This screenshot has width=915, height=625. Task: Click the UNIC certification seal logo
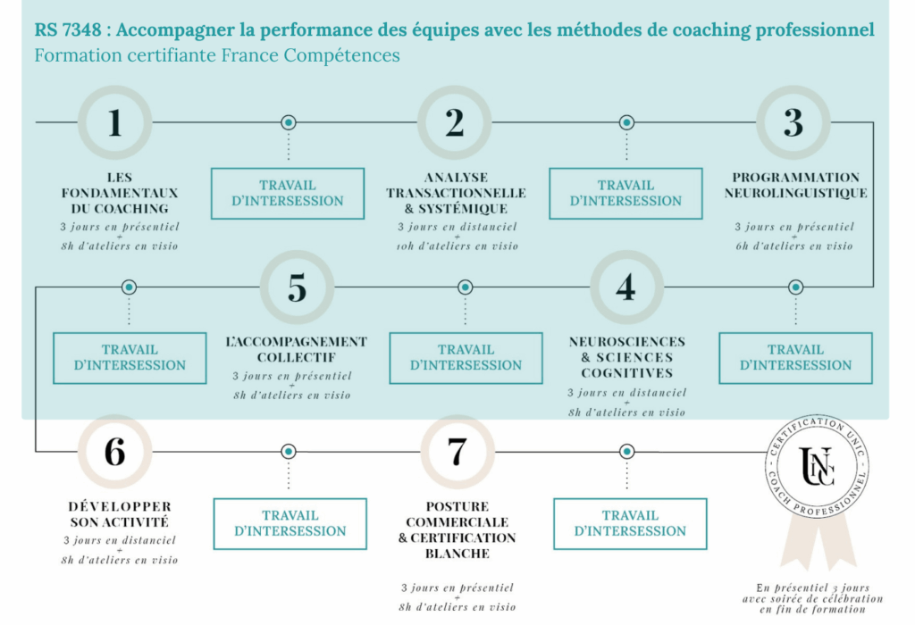tap(817, 466)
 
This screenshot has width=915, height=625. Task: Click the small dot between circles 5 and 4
tap(465, 287)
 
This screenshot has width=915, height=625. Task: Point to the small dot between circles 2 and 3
tap(626, 122)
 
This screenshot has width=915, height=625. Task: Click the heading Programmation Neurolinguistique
tap(795, 186)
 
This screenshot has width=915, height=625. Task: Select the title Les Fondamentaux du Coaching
tap(120, 193)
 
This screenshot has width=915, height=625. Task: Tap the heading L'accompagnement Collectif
tap(297, 349)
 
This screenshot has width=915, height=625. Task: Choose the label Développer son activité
tap(120, 514)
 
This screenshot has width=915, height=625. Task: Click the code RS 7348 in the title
tap(68, 29)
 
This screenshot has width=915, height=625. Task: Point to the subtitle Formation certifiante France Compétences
tap(217, 55)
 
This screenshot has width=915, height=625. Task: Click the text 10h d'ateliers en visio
tap(457, 246)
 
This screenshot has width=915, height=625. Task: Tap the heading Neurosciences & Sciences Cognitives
tap(627, 357)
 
